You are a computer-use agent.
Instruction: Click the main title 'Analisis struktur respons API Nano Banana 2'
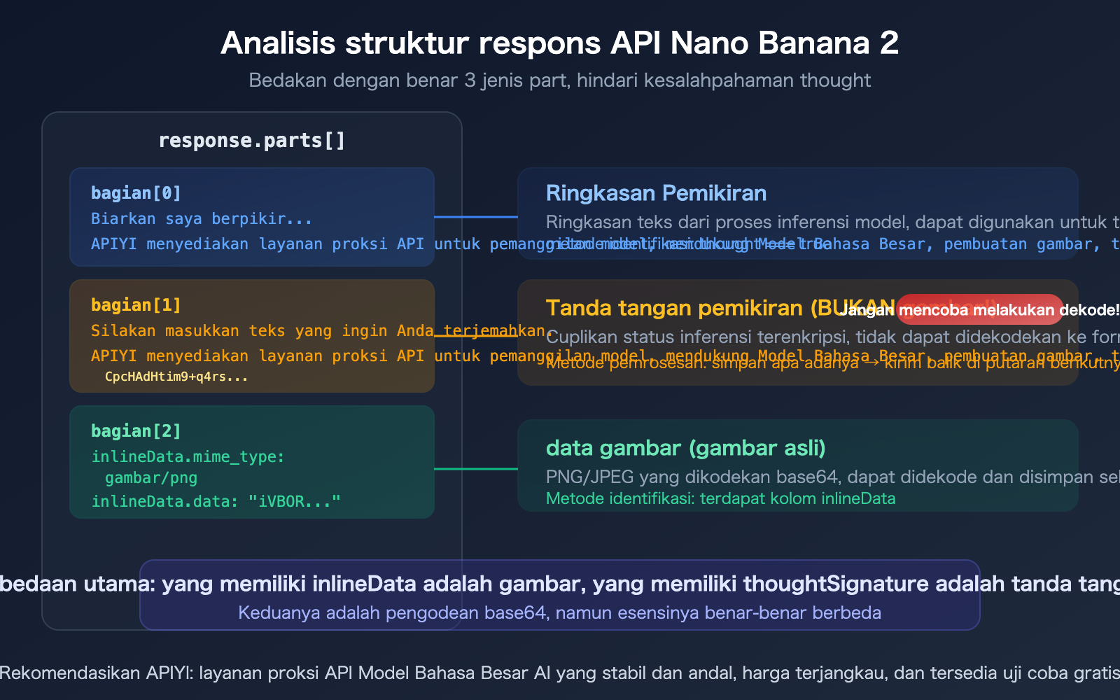click(559, 43)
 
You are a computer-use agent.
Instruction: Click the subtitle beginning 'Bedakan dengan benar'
click(559, 80)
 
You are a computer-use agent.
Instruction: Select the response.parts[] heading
click(252, 141)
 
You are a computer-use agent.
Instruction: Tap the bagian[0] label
click(136, 193)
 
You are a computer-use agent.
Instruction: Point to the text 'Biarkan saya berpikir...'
click(202, 219)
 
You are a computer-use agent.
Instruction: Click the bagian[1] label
click(136, 305)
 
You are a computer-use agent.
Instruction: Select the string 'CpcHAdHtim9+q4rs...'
click(176, 377)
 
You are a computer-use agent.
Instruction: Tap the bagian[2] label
click(136, 431)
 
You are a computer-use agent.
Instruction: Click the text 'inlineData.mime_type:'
click(188, 457)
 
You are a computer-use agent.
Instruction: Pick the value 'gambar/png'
click(151, 478)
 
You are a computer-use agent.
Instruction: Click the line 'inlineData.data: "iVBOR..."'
click(216, 502)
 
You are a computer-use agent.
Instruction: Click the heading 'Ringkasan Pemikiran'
click(656, 193)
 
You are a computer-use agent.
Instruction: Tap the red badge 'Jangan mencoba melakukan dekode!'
click(979, 309)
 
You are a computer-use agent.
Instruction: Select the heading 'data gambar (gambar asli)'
click(685, 448)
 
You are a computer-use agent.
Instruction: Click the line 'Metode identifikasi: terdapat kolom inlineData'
click(720, 498)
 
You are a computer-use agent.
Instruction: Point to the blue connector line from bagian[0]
click(476, 217)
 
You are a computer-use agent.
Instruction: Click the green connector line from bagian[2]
click(476, 469)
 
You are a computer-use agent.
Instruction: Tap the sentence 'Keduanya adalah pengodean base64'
click(559, 612)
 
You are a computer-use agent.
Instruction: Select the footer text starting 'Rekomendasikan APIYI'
click(559, 673)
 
